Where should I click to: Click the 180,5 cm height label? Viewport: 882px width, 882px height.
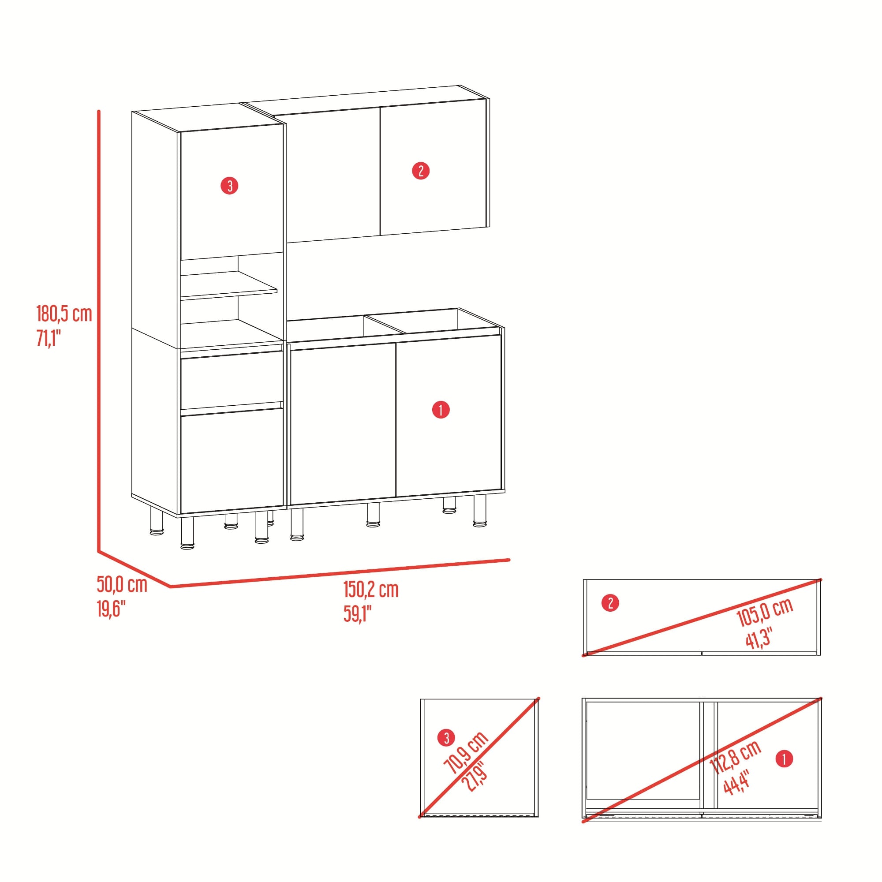64,314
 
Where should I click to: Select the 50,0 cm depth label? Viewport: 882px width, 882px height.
122,585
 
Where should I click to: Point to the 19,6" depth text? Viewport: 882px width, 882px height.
111,609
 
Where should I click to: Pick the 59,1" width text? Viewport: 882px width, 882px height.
358,614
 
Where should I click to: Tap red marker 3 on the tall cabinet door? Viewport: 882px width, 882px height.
230,186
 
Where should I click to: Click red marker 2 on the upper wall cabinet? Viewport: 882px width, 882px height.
420,171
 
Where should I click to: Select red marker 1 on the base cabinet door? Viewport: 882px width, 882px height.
441,410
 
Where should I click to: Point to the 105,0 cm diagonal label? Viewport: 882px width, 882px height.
765,612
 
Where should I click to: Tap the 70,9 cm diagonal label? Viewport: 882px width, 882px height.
466,752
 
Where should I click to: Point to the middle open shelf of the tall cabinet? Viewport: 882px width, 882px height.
228,285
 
